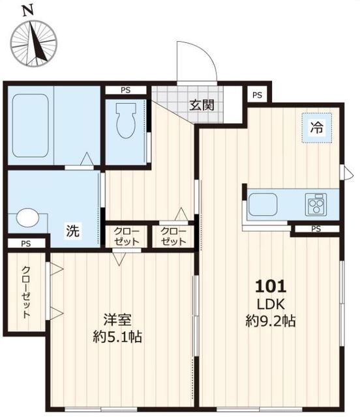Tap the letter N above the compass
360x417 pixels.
click(27, 10)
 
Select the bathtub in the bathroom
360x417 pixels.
click(31, 126)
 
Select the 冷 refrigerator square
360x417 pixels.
click(316, 128)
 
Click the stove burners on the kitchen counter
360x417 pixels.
click(317, 205)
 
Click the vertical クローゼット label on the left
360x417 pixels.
click(25, 292)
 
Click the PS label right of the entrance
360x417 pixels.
click(258, 95)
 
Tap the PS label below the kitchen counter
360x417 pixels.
click(316, 229)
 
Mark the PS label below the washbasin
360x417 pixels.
click(25, 244)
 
